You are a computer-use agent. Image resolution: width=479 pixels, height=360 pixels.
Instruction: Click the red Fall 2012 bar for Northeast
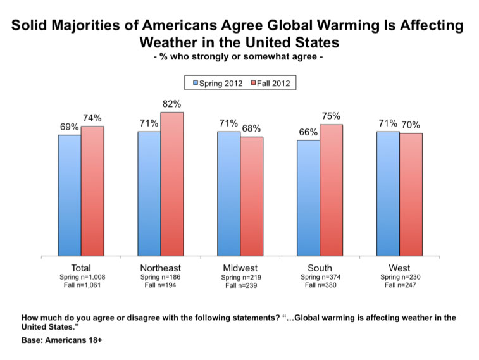172,184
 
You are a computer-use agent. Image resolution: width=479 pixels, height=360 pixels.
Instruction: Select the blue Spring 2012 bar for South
309,198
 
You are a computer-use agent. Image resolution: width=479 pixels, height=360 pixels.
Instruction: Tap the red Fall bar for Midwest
252,196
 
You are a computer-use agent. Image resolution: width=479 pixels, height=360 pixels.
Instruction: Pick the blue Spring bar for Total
70,196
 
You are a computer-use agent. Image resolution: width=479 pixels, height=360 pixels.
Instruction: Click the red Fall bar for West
411,194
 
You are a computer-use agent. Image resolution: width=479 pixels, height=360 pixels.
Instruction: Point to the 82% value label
171,104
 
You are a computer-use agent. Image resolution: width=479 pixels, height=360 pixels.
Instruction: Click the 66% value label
308,132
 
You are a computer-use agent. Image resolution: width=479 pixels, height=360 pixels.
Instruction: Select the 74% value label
92,118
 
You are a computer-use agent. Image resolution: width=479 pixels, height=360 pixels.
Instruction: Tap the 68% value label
251,128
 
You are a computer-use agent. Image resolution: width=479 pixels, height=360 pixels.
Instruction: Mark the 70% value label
411,125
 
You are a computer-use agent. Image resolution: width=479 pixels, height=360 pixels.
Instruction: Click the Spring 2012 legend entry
218,83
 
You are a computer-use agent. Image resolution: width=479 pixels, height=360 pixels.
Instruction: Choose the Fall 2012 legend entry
270,83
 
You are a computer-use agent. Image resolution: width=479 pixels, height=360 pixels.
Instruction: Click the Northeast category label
160,268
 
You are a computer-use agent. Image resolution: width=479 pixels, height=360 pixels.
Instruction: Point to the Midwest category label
240,268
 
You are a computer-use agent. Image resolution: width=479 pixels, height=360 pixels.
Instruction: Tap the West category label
399,268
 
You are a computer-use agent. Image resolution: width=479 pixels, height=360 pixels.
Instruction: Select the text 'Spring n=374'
320,277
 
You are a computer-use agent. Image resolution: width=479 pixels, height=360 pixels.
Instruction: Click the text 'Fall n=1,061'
82,285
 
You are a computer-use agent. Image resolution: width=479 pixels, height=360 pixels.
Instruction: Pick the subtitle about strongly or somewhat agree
239,57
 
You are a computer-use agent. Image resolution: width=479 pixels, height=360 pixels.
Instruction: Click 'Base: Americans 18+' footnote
62,340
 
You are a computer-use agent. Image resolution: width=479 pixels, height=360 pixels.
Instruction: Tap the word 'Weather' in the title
168,42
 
